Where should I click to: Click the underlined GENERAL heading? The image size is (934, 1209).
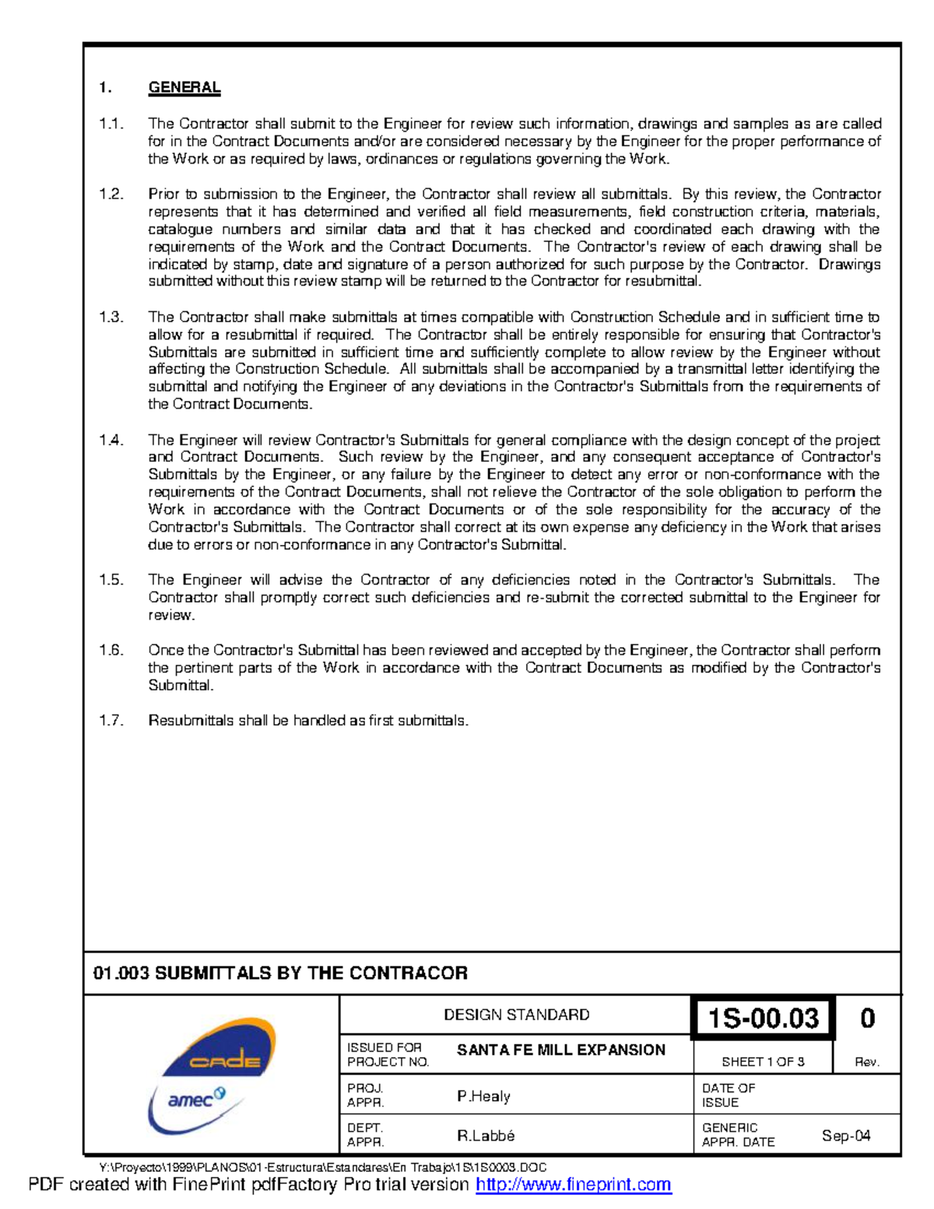coord(184,88)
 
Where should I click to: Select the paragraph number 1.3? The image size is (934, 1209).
coord(111,317)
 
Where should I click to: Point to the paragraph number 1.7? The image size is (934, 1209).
coord(111,721)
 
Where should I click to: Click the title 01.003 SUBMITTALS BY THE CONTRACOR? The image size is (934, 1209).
coord(280,973)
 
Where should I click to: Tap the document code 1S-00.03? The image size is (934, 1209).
coord(763,1018)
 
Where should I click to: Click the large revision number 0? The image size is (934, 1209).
coord(867,1018)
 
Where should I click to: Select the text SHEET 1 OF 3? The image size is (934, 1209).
coord(763,1062)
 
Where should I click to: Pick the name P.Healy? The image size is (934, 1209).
coord(483,1096)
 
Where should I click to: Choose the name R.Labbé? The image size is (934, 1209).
coord(486,1136)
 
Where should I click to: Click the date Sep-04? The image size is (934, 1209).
coord(846,1136)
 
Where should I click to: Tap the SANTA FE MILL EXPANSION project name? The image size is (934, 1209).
coord(560,1050)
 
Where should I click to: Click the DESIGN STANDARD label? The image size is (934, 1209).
coord(516,1015)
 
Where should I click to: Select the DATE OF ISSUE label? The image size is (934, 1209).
coord(729,1095)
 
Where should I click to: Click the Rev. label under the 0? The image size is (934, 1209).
coord(867,1063)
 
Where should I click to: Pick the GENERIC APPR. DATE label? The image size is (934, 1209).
coord(738,1135)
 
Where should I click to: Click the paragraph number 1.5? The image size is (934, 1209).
coord(111,580)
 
